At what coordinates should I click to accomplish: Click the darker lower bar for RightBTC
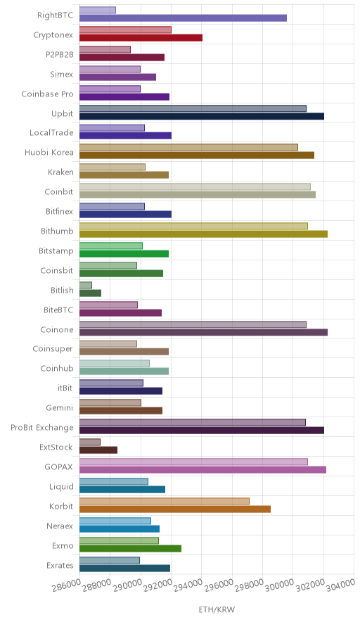point(184,18)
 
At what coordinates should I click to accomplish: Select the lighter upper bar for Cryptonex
point(125,30)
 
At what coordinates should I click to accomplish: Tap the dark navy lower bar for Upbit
point(202,116)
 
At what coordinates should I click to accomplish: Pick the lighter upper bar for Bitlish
point(86,285)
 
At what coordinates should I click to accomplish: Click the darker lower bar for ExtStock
point(98,450)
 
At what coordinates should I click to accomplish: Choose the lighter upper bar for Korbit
point(165,501)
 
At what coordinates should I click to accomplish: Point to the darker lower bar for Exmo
point(131,548)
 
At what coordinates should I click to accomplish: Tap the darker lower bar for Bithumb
point(203,234)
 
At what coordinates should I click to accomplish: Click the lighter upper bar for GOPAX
point(193,462)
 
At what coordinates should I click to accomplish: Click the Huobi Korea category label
point(49,152)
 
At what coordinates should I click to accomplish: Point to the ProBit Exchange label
point(42,428)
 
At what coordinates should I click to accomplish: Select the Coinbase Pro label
point(48,94)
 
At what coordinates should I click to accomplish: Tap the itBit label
point(65,388)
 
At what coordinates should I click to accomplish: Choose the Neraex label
point(60,526)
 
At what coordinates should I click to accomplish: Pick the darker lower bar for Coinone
point(203,332)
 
